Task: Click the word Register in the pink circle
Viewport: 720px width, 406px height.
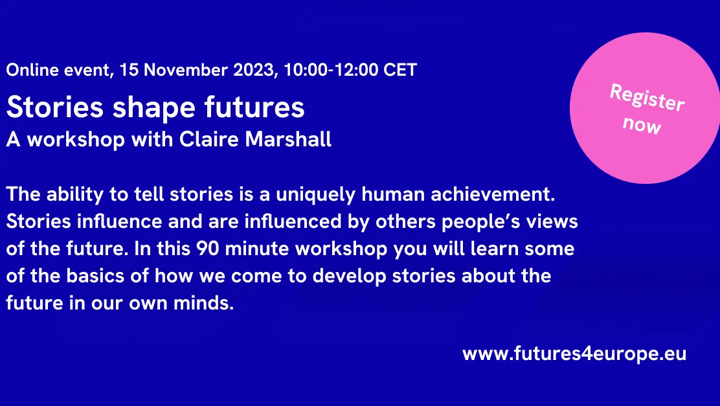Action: [x=647, y=97]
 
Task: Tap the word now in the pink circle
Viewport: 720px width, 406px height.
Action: [x=642, y=125]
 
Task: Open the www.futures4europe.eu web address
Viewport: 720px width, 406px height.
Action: [x=574, y=354]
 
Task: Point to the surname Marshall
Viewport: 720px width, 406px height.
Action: [x=288, y=139]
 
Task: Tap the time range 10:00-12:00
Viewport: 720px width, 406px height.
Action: [x=331, y=70]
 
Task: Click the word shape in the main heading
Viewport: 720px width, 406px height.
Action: [x=154, y=108]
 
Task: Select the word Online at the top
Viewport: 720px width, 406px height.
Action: [x=32, y=70]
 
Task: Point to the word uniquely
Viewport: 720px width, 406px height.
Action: [x=315, y=195]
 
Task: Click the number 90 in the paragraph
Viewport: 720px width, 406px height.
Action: [x=208, y=249]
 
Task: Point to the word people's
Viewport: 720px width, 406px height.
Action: [x=481, y=222]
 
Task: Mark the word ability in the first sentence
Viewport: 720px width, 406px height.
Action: [x=75, y=195]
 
